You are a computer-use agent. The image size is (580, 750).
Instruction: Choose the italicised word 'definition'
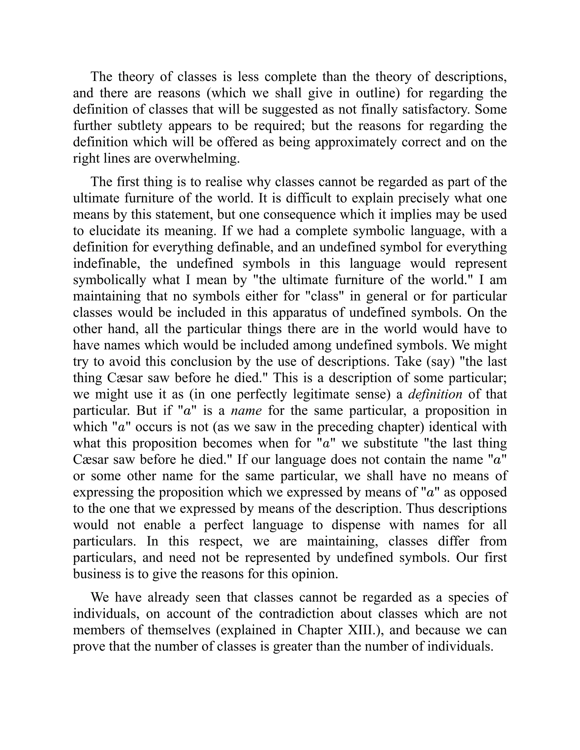click(435, 394)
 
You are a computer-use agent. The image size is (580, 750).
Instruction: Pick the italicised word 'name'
click(246, 411)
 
